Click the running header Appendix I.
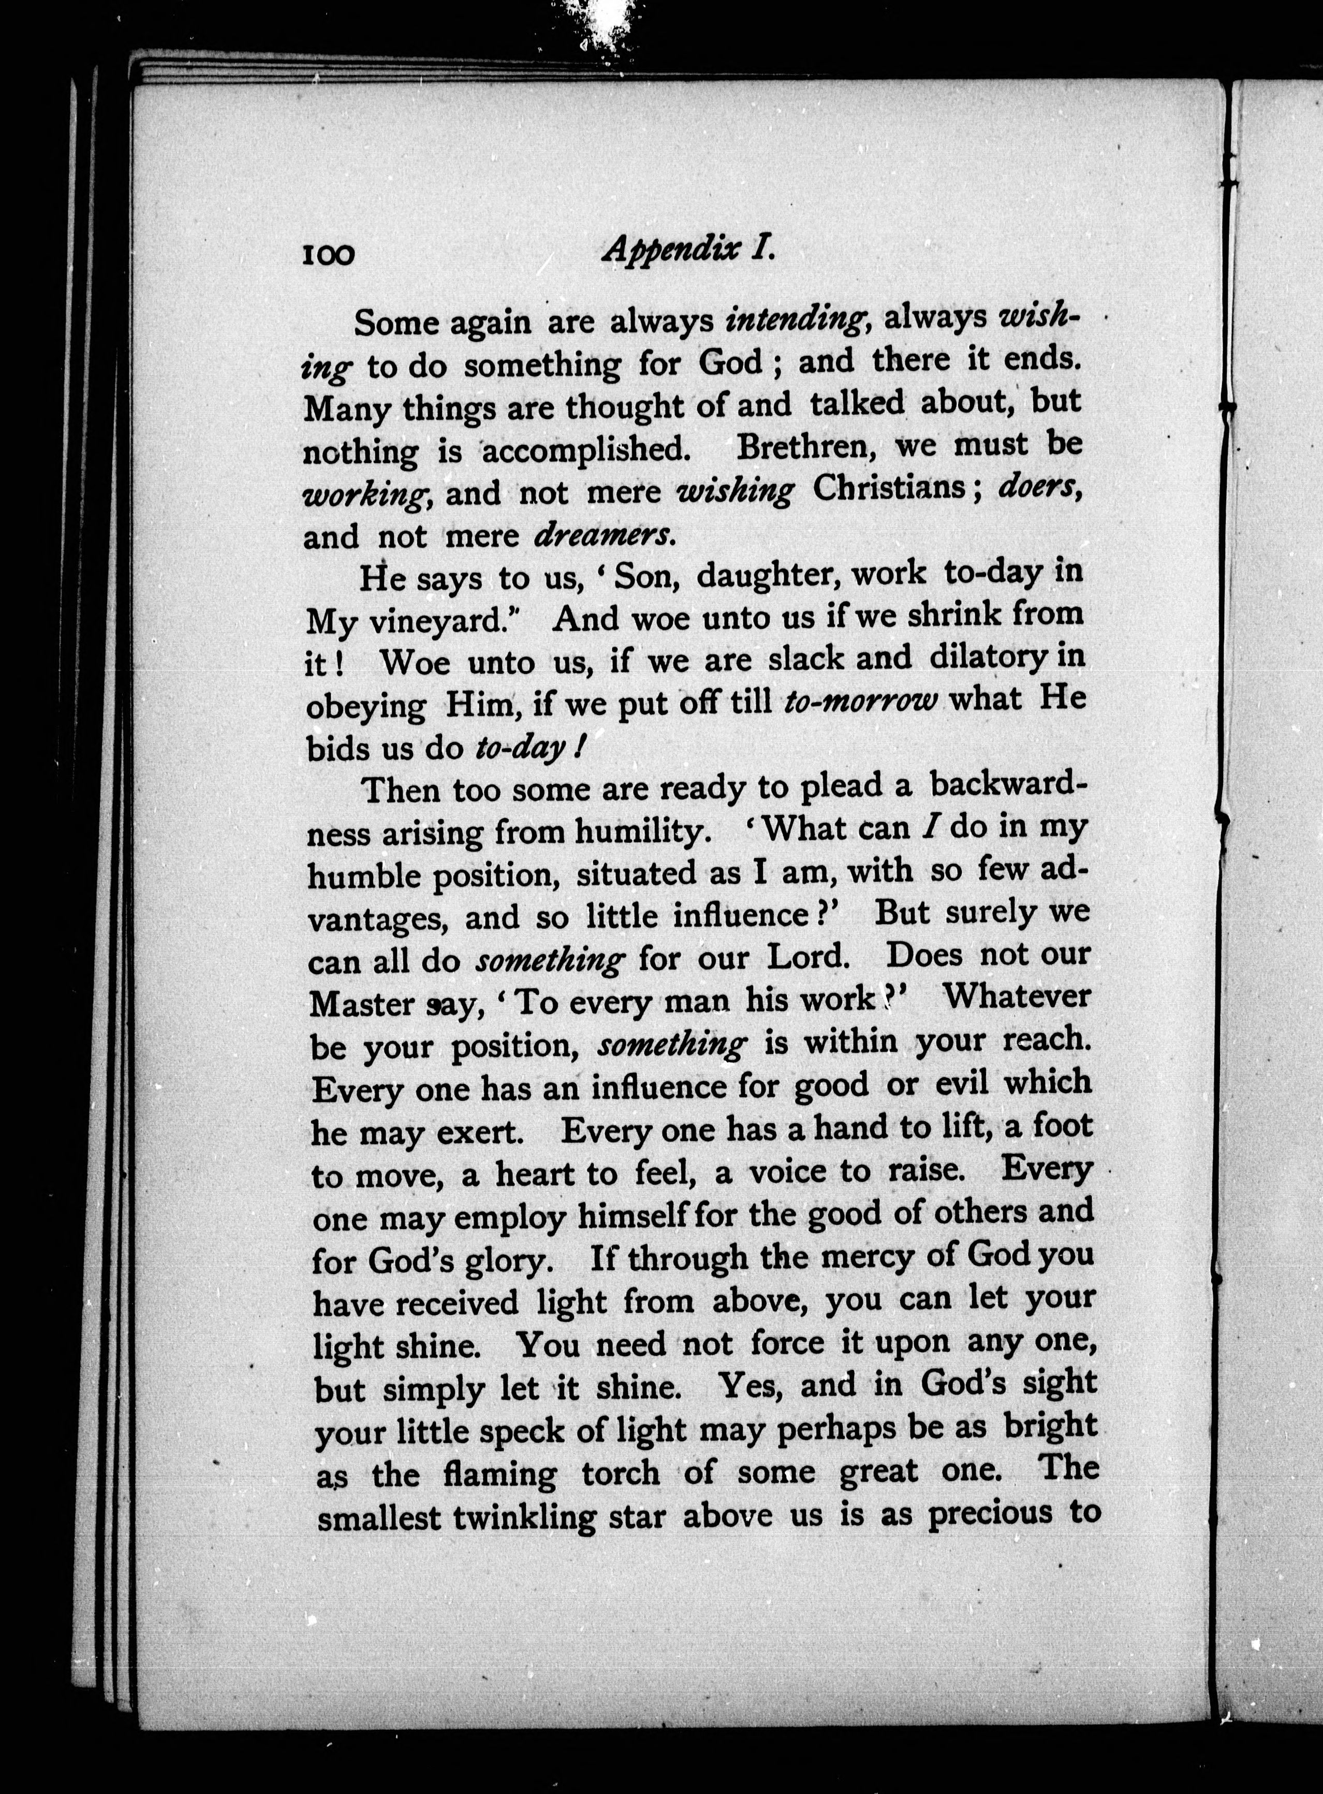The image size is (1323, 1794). [x=688, y=250]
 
